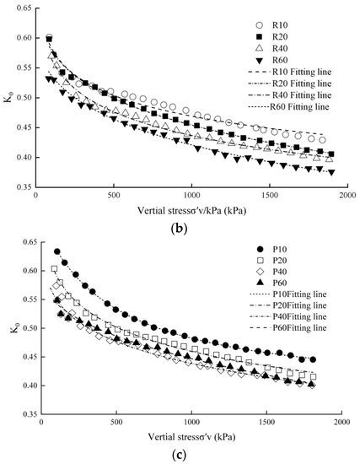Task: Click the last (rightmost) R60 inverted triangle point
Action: point(331,172)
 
